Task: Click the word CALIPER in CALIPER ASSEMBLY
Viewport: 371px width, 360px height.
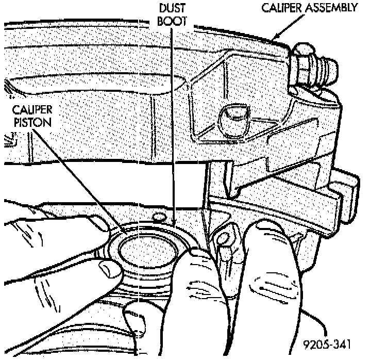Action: (281, 8)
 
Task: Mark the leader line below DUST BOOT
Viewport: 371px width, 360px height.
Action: (174, 129)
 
